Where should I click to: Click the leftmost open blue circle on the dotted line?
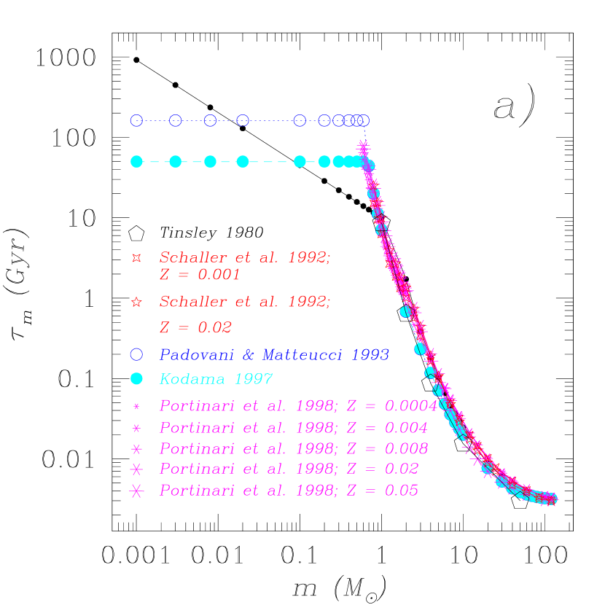pos(136,120)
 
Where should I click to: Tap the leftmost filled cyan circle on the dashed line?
pos(136,161)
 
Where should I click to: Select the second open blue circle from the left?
pos(175,120)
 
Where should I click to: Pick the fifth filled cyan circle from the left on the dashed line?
pos(300,161)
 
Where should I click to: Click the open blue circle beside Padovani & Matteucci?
pos(136,354)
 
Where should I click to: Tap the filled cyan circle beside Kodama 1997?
pos(136,379)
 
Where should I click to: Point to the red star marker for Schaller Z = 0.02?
pos(136,302)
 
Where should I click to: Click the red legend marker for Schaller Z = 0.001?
pos(136,258)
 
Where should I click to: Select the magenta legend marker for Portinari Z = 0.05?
pos(136,491)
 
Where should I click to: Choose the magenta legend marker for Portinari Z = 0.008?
pos(136,448)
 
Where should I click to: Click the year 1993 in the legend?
pos(370,355)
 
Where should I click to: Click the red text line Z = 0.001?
pos(200,276)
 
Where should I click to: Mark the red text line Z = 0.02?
pos(195,328)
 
